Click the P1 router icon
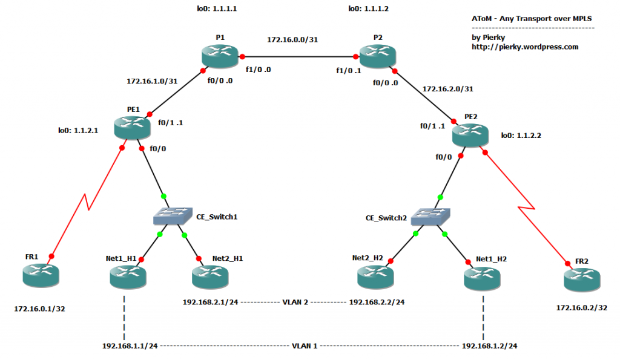tap(220, 56)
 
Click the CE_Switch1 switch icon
tap(172, 215)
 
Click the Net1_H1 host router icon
tap(128, 277)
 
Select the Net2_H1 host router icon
tap(210, 277)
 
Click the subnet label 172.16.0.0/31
tap(294, 39)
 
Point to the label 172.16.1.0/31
tap(153, 80)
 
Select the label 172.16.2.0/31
tap(448, 88)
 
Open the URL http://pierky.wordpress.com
tap(525, 47)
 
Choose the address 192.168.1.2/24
tap(489, 345)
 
